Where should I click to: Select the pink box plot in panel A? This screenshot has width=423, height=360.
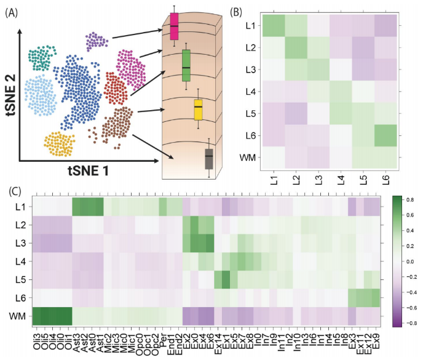click(x=174, y=26)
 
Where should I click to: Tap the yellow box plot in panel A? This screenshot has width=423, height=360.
click(x=198, y=110)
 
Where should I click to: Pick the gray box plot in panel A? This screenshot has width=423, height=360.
click(x=209, y=158)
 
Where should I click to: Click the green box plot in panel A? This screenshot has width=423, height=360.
click(x=186, y=65)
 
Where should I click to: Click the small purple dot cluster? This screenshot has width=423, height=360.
click(x=97, y=42)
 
